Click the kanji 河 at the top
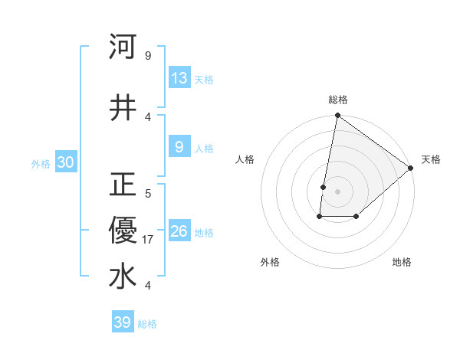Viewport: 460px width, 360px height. (123, 47)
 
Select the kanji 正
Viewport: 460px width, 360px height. (123, 185)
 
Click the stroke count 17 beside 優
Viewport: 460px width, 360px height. (149, 241)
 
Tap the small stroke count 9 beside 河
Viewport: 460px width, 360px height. (147, 56)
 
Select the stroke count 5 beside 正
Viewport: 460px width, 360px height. (147, 194)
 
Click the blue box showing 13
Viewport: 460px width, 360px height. (179, 78)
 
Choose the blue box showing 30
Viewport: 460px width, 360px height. (65, 162)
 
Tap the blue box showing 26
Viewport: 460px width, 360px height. (179, 231)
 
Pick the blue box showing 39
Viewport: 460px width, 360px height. (123, 322)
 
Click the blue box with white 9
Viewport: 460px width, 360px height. (179, 147)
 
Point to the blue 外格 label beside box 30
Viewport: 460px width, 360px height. (41, 163)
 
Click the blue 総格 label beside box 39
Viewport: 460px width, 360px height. (147, 324)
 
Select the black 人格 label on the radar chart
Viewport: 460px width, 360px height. (245, 159)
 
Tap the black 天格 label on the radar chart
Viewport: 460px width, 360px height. (431, 159)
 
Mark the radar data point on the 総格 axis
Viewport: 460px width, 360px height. (337, 116)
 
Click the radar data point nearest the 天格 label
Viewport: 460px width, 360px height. (411, 168)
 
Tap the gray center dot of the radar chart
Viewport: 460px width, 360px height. (337, 191)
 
